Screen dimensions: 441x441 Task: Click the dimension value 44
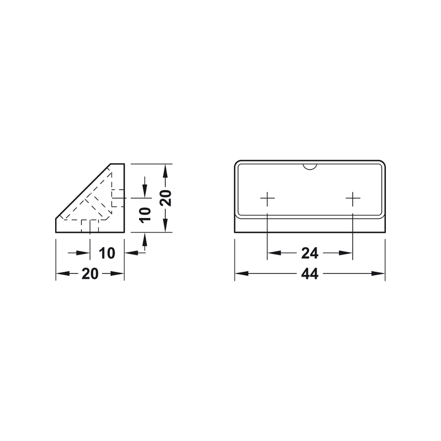click(x=310, y=274)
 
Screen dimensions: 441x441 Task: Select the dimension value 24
click(x=310, y=253)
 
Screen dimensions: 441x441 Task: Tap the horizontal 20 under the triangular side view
click(x=90, y=274)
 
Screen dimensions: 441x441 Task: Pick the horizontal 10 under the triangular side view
click(x=107, y=253)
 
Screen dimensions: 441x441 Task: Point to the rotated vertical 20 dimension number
click(x=165, y=198)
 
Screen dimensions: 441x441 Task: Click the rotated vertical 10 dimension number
click(x=145, y=214)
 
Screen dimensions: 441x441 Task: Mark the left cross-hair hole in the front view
click(x=267, y=199)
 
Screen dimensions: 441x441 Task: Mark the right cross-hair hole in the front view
click(x=353, y=199)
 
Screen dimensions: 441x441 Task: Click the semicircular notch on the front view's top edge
click(x=310, y=166)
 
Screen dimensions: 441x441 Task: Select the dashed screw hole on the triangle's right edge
click(x=117, y=198)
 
